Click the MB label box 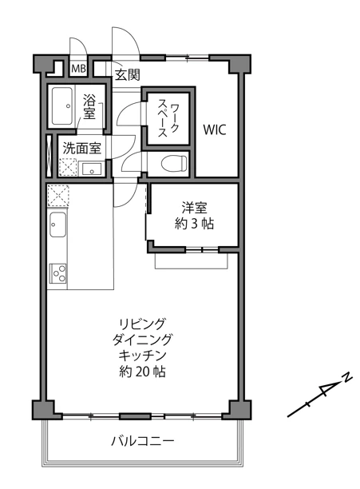click(x=78, y=68)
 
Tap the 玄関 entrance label click(x=128, y=75)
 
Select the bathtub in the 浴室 click(x=62, y=106)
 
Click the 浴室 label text click(x=89, y=107)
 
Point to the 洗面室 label click(x=82, y=149)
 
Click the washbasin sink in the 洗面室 click(x=92, y=169)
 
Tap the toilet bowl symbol click(x=174, y=163)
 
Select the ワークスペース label click(x=168, y=118)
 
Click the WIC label click(x=214, y=130)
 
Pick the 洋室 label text click(x=194, y=208)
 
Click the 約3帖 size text click(x=194, y=224)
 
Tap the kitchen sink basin click(x=57, y=225)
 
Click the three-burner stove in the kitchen click(x=58, y=273)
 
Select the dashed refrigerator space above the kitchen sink click(x=58, y=195)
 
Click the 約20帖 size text click(x=142, y=372)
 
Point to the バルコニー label click(x=143, y=441)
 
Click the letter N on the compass click(x=347, y=377)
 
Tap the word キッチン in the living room click(x=142, y=356)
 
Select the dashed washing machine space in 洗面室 click(x=68, y=168)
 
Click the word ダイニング click(x=142, y=340)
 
